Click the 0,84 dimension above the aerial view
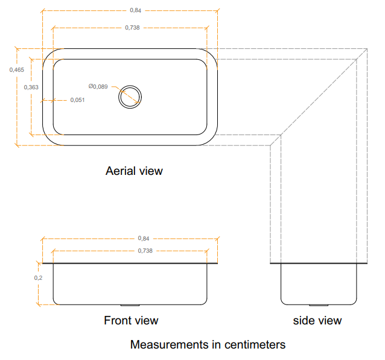135,10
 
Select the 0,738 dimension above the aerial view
132,28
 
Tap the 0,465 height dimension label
17,70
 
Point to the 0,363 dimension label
31,87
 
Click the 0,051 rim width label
77,100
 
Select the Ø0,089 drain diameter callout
98,87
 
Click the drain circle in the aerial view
130,86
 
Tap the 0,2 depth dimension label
38,278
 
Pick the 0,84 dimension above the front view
144,238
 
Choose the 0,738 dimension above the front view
145,251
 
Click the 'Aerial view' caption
134,171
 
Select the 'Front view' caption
131,320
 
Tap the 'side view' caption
317,321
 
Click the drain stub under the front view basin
130,305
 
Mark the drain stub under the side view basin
319,305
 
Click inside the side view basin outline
319,284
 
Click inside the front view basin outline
130,284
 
